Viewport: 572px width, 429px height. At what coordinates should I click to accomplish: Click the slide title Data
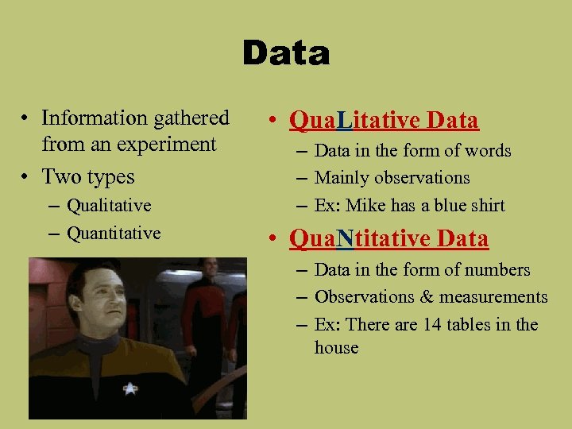pos(286,54)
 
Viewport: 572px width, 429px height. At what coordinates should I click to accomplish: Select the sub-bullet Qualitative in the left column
pos(109,206)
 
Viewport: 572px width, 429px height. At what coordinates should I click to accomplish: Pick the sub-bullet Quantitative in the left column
pos(114,234)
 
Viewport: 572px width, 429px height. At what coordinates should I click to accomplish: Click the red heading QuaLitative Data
pos(385,120)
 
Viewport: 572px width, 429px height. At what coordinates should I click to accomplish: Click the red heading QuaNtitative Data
pos(389,238)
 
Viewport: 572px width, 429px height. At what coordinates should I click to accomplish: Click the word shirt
pos(486,206)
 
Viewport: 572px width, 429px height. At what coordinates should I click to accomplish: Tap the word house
pos(337,348)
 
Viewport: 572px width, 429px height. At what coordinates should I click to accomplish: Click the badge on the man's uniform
pos(130,388)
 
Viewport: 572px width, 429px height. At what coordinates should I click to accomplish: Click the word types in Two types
pos(110,176)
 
